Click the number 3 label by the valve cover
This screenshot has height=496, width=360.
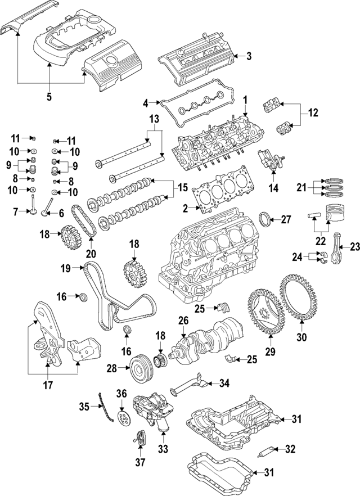(249, 55)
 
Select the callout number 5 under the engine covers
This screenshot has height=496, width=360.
(49, 97)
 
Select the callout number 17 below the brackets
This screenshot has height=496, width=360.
(49, 386)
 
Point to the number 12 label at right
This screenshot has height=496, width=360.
(313, 112)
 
